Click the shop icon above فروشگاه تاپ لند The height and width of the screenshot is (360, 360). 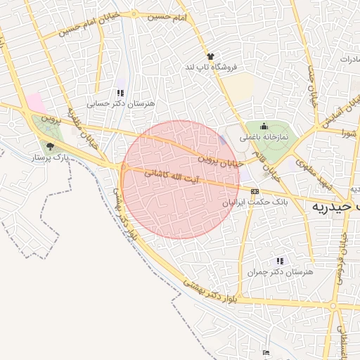coord(210,56)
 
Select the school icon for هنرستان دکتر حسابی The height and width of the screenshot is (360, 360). coord(120,93)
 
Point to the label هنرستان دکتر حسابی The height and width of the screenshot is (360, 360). coord(121,103)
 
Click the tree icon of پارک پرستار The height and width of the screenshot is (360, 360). coord(49,146)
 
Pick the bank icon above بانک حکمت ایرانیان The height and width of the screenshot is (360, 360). coord(255,191)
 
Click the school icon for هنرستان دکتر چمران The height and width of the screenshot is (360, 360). coord(281,261)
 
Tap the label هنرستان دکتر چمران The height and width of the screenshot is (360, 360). coord(280,271)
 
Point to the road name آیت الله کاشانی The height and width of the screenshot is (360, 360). coord(172,176)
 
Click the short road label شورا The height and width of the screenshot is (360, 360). coord(349,132)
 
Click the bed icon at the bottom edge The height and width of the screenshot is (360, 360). coord(265,353)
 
